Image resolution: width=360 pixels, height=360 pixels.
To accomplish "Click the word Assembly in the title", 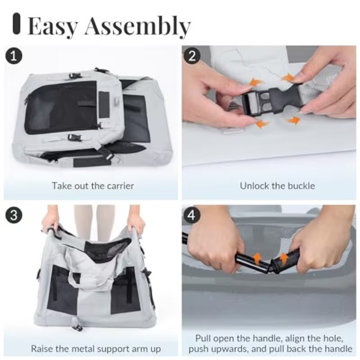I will click(138, 27).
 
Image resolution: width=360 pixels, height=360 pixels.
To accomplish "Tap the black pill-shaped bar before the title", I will click(17, 23).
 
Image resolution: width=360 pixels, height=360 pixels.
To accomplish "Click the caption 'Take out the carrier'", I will click(93, 185).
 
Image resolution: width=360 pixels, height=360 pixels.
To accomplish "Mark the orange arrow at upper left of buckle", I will click(256, 83).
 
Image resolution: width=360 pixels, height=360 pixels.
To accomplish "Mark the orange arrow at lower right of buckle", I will click(293, 120).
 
